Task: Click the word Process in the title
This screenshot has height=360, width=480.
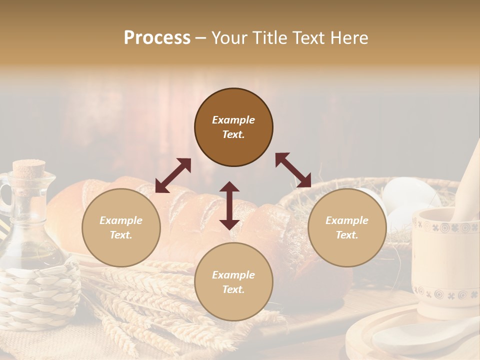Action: click(x=157, y=38)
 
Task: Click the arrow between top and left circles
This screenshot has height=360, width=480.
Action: click(x=173, y=175)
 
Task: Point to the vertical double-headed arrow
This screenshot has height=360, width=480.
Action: click(x=229, y=205)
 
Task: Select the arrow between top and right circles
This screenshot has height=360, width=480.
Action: click(x=293, y=170)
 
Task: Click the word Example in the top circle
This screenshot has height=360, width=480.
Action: click(x=233, y=120)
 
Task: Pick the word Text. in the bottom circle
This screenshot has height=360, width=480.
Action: click(x=233, y=289)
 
